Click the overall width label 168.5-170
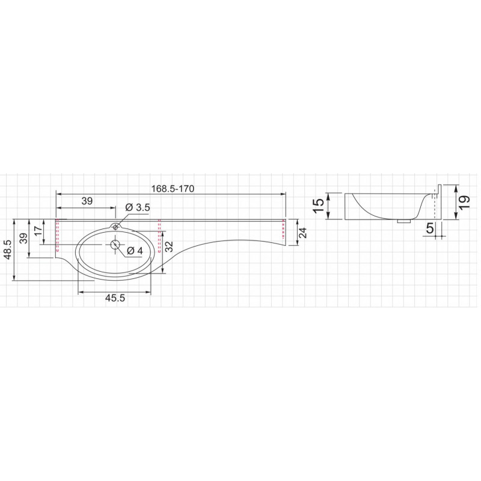[173, 189]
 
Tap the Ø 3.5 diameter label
[138, 207]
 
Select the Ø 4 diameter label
[135, 251]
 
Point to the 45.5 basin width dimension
[115, 298]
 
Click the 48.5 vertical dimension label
[8, 250]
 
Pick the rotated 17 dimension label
[38, 231]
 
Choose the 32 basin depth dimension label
[169, 247]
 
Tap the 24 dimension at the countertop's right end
[302, 233]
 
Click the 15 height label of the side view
[319, 206]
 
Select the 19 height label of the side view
[465, 202]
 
